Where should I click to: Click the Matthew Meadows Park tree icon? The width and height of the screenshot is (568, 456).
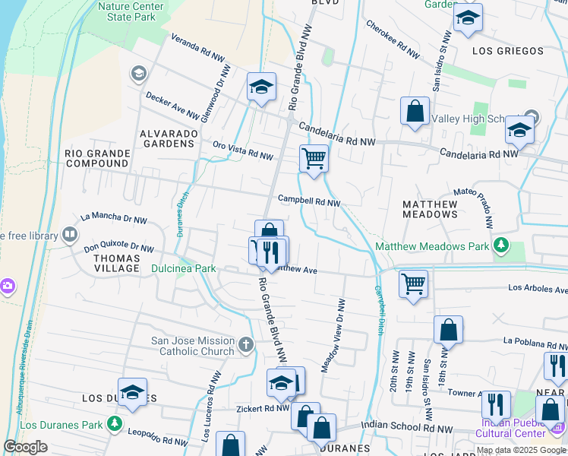[x=500, y=245]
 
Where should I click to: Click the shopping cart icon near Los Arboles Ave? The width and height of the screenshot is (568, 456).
[x=413, y=284]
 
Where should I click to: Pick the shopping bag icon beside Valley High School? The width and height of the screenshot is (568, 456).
[x=415, y=112]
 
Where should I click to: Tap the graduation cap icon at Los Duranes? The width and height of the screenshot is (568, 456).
[x=132, y=391]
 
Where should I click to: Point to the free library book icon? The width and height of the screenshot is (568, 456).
[x=70, y=235]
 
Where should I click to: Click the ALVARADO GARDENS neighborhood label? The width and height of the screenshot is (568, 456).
[x=168, y=138]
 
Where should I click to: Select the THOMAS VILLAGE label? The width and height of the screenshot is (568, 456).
[x=116, y=263]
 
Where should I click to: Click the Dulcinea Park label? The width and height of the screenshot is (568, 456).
[x=183, y=268]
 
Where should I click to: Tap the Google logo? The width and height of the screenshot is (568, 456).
[x=25, y=447]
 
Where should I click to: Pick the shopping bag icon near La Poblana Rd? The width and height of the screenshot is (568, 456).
[x=448, y=331]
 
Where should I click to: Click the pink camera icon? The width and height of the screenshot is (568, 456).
[x=6, y=287]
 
